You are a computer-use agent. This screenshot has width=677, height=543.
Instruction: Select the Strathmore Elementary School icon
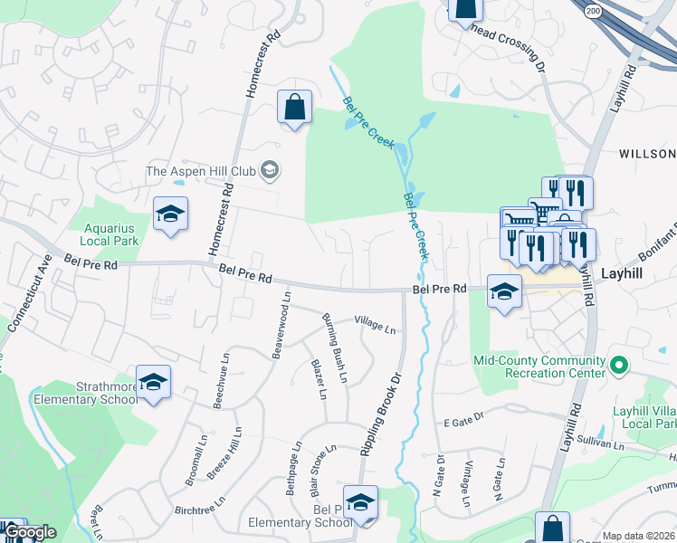pyautogui.click(x=153, y=383)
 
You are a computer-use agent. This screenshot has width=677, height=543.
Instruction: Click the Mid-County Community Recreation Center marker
pyautogui.click(x=619, y=366)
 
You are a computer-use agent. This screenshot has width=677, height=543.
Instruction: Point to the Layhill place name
pyautogui.click(x=622, y=271)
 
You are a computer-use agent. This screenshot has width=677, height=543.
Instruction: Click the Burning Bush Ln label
pyautogui.click(x=335, y=348)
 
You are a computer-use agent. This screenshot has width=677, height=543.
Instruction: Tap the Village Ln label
pyautogui.click(x=375, y=323)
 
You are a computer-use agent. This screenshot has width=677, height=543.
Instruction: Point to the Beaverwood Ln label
pyautogui.click(x=281, y=324)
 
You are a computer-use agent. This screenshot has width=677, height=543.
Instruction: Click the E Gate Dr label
pyautogui.click(x=463, y=423)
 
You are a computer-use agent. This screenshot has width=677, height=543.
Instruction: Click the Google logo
pyautogui.click(x=30, y=532)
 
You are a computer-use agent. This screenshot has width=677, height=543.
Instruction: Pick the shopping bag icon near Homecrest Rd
pyautogui.click(x=294, y=108)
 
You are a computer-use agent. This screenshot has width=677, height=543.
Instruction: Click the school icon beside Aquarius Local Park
pyautogui.click(x=170, y=214)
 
